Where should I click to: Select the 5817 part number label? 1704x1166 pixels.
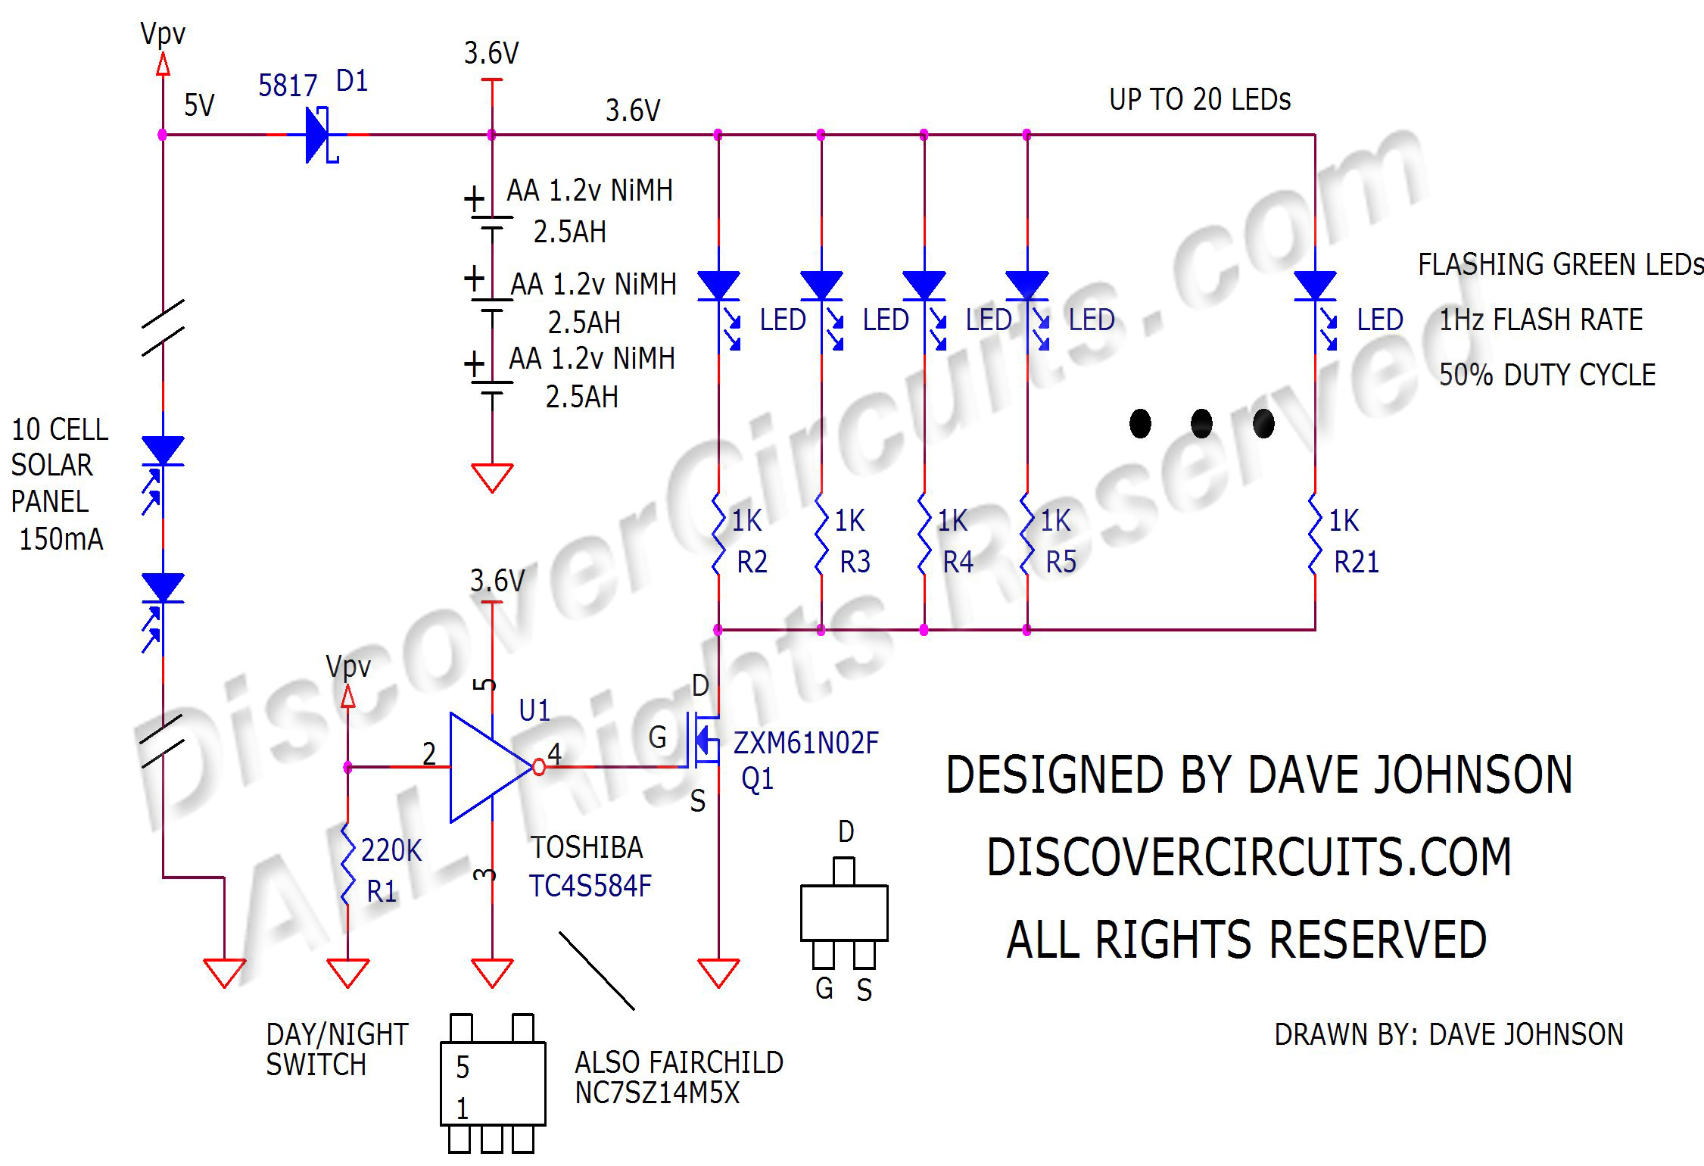pos(287,86)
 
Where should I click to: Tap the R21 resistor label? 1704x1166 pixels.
pos(1356,563)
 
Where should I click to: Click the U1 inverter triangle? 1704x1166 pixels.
pos(489,767)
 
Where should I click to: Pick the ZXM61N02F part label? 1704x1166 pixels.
pos(805,744)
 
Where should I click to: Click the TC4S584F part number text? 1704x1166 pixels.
pos(590,886)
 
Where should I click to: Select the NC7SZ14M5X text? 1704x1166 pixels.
pos(656,1093)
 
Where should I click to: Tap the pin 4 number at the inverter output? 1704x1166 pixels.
pos(554,753)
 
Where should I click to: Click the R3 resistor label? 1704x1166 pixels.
pos(855,563)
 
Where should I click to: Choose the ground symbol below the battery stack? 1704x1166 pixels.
pos(492,478)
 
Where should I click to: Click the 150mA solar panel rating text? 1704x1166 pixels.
pos(61,539)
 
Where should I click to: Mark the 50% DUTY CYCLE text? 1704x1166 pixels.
pos(1547,375)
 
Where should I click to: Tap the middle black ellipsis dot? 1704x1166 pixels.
pos(1201,424)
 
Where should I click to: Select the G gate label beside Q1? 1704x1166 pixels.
pos(657,737)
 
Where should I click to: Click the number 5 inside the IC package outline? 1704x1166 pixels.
pos(463,1068)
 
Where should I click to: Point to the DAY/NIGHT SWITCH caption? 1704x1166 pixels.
pos(337,1049)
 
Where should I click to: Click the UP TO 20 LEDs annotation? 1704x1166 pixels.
pos(1200,100)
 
